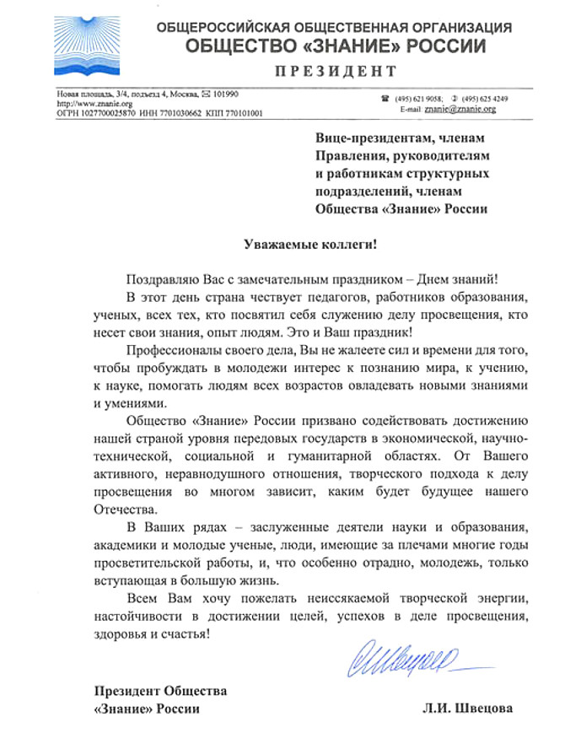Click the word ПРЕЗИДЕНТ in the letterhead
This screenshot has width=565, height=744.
click(335, 71)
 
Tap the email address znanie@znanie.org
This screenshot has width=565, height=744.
click(460, 109)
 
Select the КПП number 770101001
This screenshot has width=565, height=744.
click(237, 111)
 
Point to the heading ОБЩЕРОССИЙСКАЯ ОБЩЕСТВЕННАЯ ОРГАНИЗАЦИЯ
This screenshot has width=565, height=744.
click(334, 28)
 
